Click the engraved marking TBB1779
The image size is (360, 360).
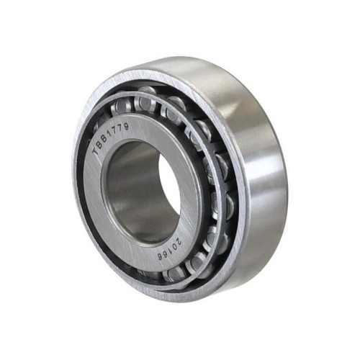tap(111, 138)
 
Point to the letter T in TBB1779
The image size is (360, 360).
tap(96, 152)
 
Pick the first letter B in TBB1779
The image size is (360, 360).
tap(100, 145)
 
